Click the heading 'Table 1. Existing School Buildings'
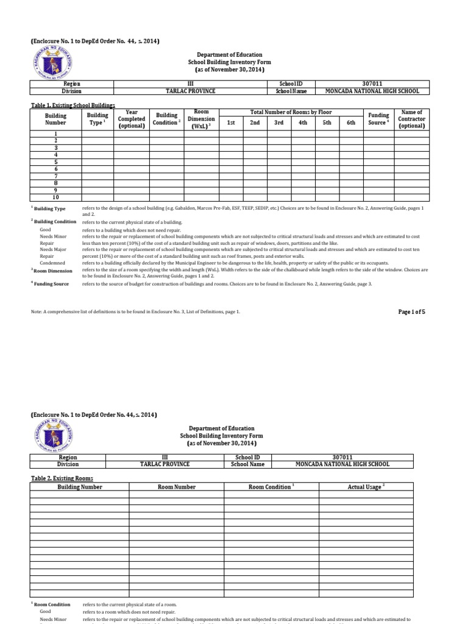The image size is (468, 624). click(73, 105)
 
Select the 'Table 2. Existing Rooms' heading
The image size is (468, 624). click(62, 478)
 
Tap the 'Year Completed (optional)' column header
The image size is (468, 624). click(132, 119)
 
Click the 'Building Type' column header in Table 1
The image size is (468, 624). click(97, 119)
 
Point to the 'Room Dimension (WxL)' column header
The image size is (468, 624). click(201, 119)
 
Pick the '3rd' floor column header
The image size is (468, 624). click(278, 122)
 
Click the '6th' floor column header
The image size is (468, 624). click(350, 122)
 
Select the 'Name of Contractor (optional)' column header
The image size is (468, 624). click(411, 119)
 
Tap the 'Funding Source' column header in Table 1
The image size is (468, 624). click(378, 119)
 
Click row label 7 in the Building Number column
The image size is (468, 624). click(56, 175)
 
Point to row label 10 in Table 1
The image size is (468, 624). click(56, 197)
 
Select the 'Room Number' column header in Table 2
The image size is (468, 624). click(177, 487)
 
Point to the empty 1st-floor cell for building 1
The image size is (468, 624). click(231, 133)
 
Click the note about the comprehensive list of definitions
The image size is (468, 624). click(135, 311)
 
